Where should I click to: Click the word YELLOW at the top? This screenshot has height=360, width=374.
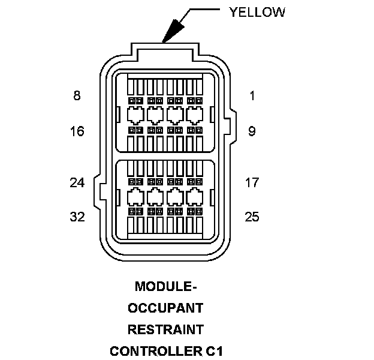[x=257, y=13]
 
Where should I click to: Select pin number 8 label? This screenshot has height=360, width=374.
[x=77, y=96]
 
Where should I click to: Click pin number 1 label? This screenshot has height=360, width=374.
[x=252, y=96]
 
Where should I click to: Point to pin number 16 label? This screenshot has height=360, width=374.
[x=77, y=131]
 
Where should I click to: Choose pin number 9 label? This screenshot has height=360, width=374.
[x=252, y=131]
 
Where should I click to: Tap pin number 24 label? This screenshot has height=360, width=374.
[x=77, y=182]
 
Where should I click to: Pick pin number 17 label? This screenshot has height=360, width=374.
[x=252, y=182]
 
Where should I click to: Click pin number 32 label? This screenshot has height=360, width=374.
[x=77, y=217]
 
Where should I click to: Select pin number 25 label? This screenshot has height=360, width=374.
[x=252, y=217]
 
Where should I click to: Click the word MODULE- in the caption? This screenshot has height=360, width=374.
[x=164, y=286]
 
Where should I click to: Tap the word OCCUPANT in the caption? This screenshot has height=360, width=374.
[x=164, y=308]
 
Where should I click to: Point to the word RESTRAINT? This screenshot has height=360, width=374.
[x=164, y=329]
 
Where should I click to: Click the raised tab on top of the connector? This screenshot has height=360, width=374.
[x=164, y=52]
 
